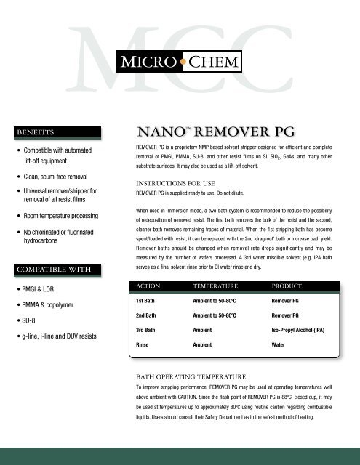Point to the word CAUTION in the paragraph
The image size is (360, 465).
pos(212,398)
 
